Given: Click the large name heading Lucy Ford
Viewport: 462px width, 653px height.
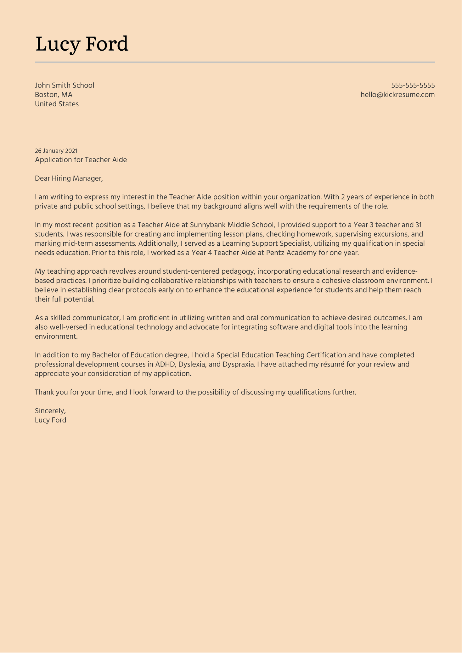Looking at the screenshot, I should (x=82, y=44).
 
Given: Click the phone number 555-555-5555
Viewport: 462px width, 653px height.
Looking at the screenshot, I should (x=413, y=85).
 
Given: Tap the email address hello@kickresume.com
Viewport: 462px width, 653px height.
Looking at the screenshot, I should (x=397, y=95).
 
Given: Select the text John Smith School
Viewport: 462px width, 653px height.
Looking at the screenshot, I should (x=65, y=85).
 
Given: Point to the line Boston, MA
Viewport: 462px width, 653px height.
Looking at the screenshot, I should (x=54, y=95).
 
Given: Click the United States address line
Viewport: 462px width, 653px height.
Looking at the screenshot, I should (x=57, y=104).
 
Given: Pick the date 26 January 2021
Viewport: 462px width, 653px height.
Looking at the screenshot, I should (x=56, y=151).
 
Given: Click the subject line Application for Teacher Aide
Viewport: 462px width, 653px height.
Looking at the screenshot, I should (x=81, y=160).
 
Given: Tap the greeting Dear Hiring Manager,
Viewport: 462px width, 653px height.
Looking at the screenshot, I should (x=69, y=178).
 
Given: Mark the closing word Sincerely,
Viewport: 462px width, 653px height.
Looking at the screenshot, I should (x=50, y=411).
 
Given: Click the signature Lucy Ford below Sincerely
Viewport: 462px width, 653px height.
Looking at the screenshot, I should (x=51, y=420).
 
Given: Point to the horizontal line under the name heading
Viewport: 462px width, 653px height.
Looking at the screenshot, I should (x=235, y=62).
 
